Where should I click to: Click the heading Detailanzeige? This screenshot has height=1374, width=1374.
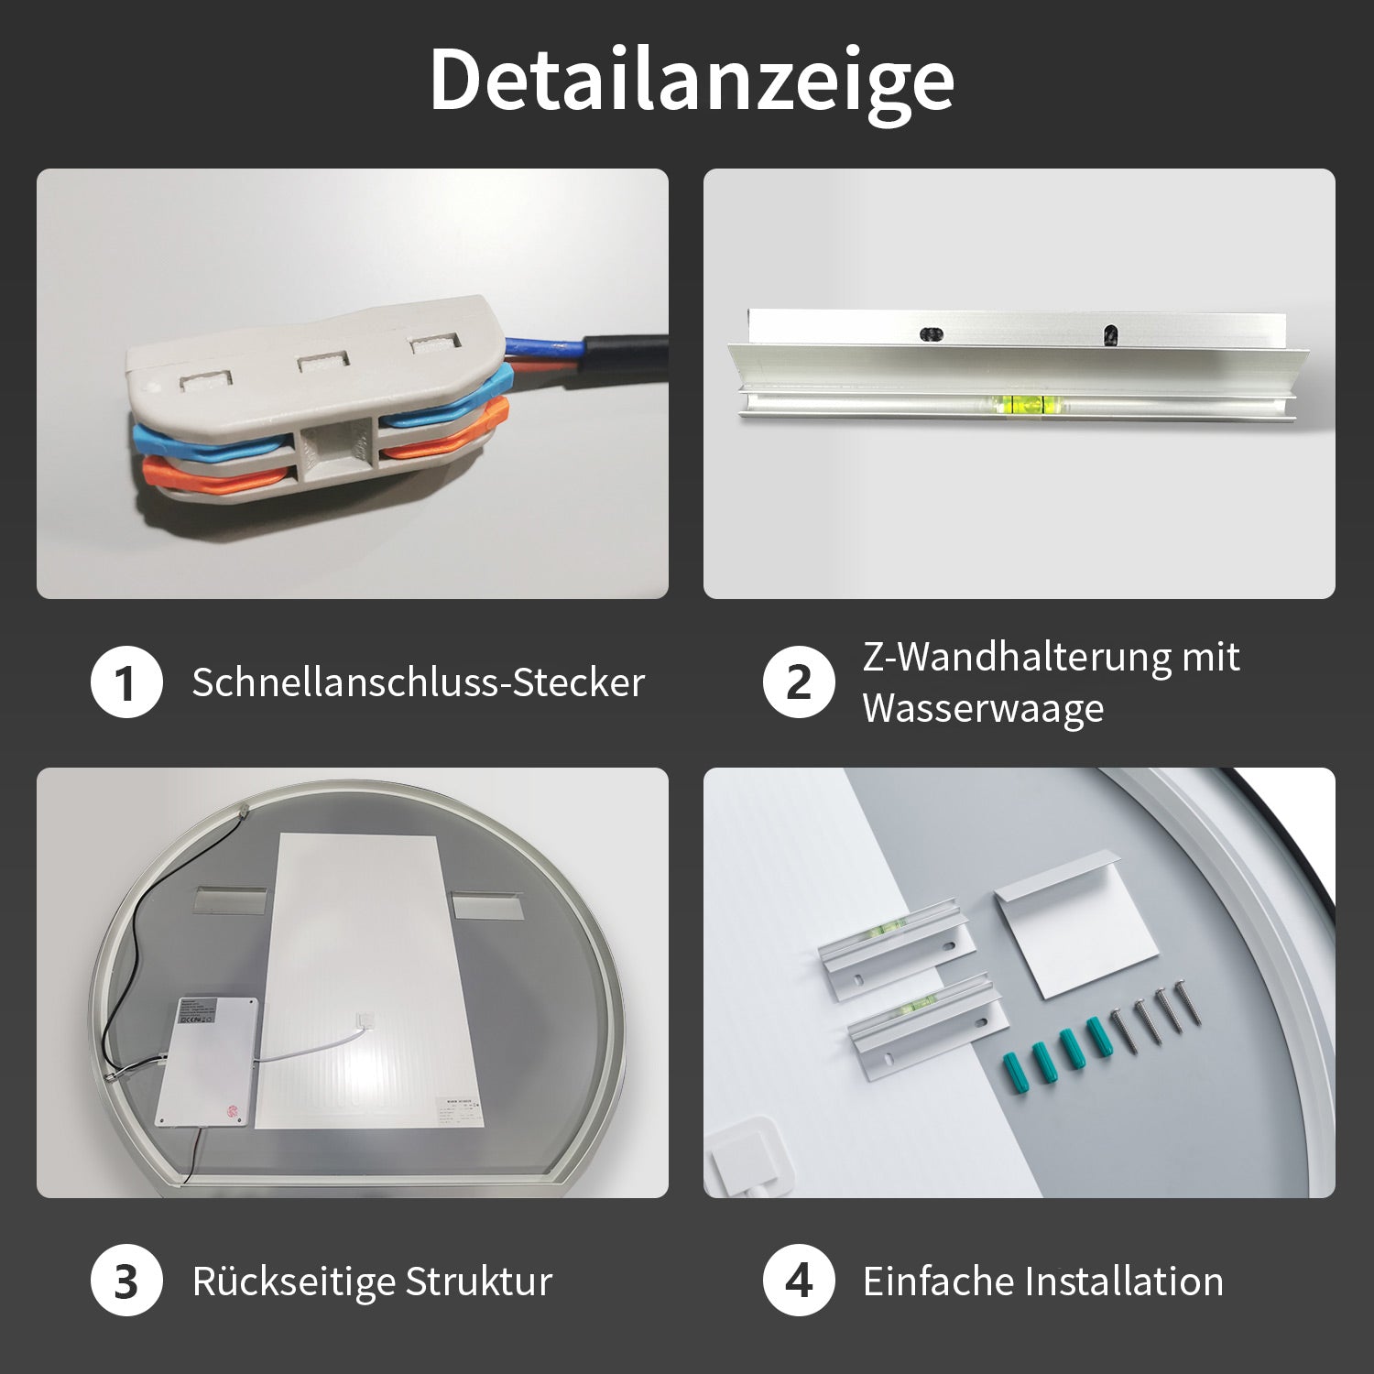coord(692,81)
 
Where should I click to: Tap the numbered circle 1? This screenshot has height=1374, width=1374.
coord(126,682)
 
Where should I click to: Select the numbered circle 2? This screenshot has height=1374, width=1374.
coord(799,682)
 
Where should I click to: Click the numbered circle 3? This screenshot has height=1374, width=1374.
coord(126,1281)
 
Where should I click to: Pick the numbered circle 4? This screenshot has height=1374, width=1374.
coord(799,1281)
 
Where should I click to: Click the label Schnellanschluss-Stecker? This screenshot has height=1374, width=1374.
coord(419,682)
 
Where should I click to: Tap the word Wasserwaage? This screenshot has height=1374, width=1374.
coord(983,708)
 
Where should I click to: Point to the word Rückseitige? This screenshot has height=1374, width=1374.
coord(293,1281)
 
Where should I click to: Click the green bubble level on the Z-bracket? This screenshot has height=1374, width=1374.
coord(1025,400)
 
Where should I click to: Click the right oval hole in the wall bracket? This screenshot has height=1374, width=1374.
coord(1109,334)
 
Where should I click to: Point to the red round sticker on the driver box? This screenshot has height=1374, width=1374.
coord(231,1111)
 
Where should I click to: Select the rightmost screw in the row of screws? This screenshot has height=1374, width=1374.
coord(1183,1005)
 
